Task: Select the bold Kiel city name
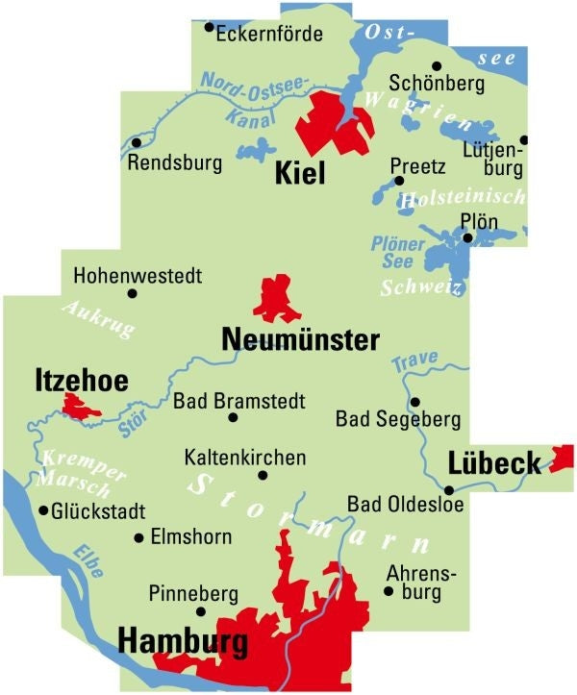click(x=300, y=173)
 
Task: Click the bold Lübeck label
click(x=494, y=464)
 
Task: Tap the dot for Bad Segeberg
click(x=415, y=402)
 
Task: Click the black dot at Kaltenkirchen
click(x=263, y=475)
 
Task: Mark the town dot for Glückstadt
click(x=43, y=510)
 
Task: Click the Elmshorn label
click(x=191, y=537)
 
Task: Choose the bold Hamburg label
click(x=183, y=642)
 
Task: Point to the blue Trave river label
click(x=414, y=360)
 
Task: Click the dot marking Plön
click(x=467, y=237)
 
